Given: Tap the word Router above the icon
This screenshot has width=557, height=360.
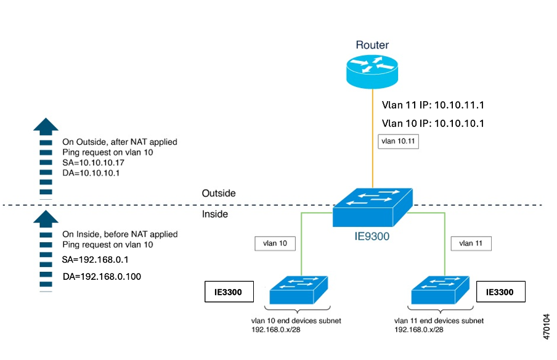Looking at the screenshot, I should [372, 45].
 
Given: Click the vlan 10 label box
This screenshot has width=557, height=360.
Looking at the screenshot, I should [275, 243].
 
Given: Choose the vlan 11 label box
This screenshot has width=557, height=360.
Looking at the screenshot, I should [471, 243].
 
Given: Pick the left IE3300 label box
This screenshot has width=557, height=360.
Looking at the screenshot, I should [229, 292].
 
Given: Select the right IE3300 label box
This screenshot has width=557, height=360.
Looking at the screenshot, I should [500, 292].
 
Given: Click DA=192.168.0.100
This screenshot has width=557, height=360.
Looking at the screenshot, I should [102, 276].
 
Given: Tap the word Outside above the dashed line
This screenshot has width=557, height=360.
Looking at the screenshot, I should [219, 194].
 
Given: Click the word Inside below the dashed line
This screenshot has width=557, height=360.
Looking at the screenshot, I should [215, 214].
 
